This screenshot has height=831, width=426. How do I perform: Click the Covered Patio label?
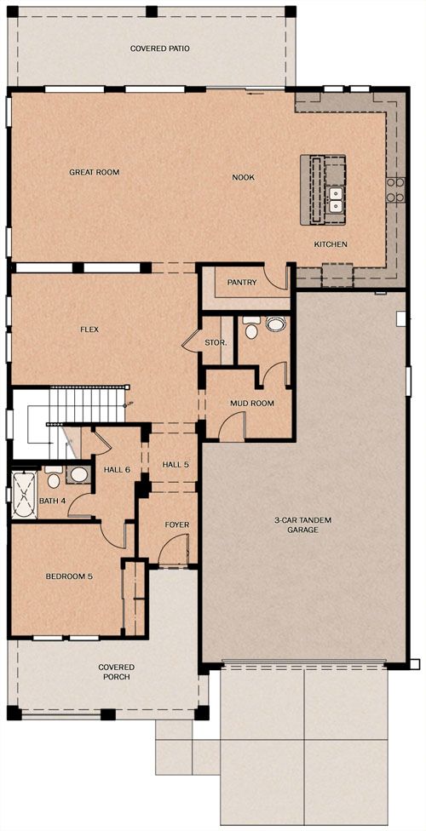(153, 49)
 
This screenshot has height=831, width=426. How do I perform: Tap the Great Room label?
(95, 172)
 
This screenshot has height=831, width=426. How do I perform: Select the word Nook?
(244, 178)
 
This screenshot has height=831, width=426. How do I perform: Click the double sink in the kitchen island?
(336, 199)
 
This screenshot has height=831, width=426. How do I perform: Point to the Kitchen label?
(331, 244)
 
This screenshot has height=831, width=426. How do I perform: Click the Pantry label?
(242, 283)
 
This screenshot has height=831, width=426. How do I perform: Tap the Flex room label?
(89, 330)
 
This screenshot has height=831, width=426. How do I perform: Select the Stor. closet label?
(216, 343)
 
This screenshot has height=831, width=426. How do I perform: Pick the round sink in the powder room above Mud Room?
(275, 324)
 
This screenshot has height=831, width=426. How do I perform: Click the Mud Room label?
(252, 404)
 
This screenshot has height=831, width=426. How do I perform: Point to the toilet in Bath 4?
(53, 477)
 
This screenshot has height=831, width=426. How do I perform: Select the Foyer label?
(176, 524)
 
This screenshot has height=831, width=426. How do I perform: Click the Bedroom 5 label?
(69, 576)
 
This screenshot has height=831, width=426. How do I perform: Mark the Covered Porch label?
(116, 672)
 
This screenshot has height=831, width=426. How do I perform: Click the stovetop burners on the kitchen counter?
(395, 190)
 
